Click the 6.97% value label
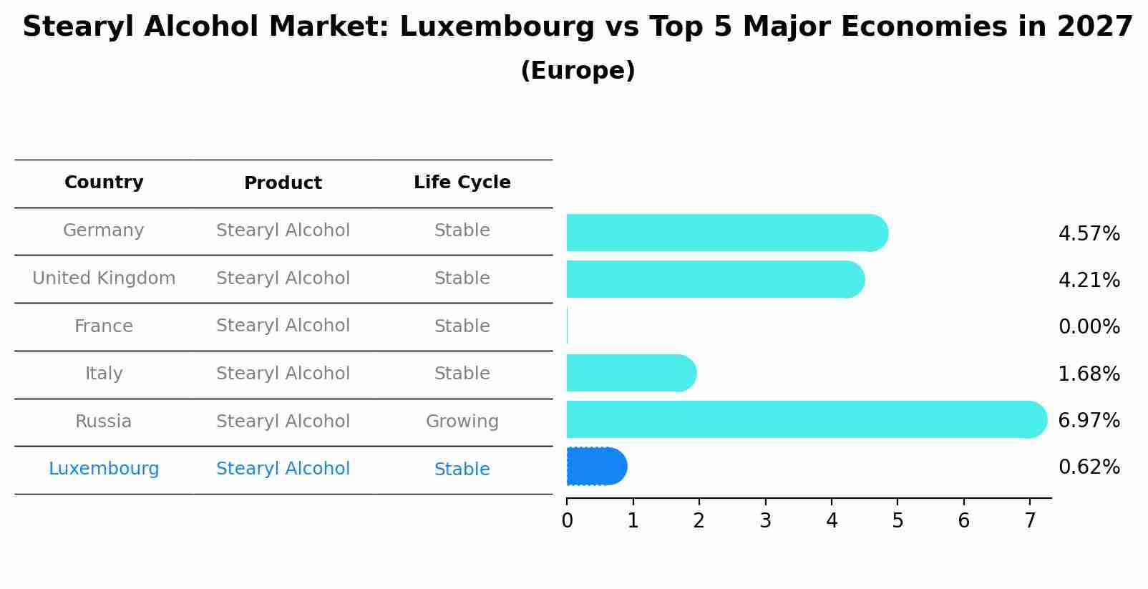pyautogui.click(x=1089, y=420)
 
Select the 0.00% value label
pyautogui.click(x=1089, y=327)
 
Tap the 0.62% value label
pyautogui.click(x=1089, y=467)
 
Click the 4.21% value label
pyautogui.click(x=1089, y=280)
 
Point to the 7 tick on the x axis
pyautogui.click(x=1030, y=521)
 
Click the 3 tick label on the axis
pyautogui.click(x=765, y=521)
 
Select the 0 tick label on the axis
pyautogui.click(x=567, y=521)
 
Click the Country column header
pyautogui.click(x=104, y=182)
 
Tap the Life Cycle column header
pyautogui.click(x=462, y=182)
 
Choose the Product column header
pyautogui.click(x=283, y=183)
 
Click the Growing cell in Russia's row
pyautogui.click(x=462, y=422)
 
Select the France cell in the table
pyautogui.click(x=104, y=326)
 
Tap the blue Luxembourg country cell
pyautogui.click(x=104, y=469)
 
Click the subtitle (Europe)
pyautogui.click(x=578, y=71)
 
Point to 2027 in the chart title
pyautogui.click(x=1094, y=27)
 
